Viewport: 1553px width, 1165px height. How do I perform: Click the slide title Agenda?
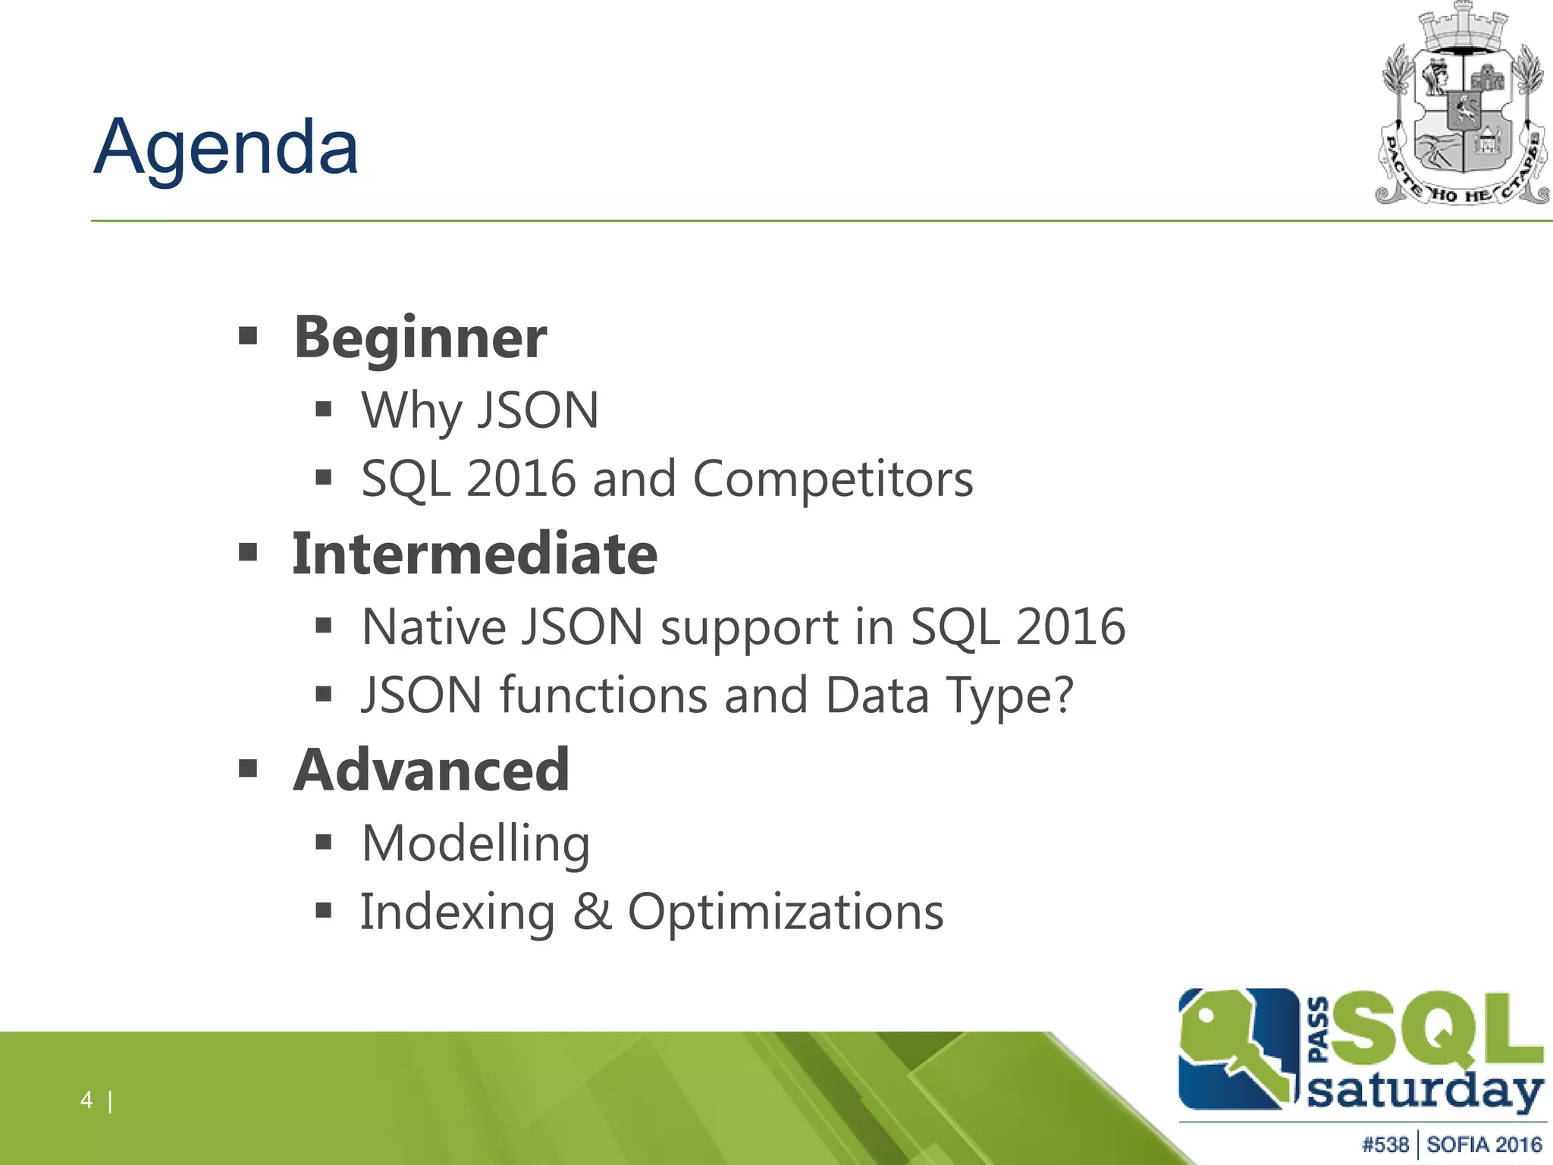(226, 148)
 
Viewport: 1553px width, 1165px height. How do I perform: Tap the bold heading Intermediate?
(475, 554)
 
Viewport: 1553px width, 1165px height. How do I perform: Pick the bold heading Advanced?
(431, 771)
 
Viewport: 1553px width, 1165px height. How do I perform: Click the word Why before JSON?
(410, 411)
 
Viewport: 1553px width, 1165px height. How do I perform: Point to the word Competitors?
(833, 479)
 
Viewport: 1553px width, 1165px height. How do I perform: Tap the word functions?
(603, 696)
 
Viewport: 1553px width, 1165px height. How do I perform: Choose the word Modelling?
(475, 843)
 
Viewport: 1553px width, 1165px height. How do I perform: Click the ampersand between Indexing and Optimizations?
(592, 912)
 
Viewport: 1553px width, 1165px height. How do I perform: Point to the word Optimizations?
(786, 912)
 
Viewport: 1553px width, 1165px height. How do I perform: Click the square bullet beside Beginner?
(248, 335)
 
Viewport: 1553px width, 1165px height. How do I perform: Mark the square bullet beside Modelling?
(324, 842)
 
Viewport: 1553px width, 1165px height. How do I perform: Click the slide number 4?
(86, 1100)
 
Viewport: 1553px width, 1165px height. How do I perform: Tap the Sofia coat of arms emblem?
(1462, 106)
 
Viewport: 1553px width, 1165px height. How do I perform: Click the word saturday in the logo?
(1424, 1093)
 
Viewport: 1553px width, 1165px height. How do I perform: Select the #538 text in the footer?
(1385, 1145)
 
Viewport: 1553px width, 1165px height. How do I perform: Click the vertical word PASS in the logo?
(1319, 1029)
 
